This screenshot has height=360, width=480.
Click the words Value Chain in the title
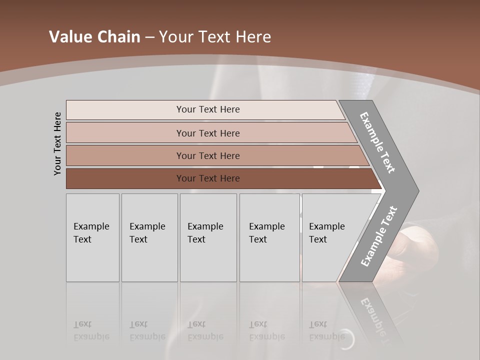tap(94, 37)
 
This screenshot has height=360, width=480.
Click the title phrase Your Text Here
tap(215, 37)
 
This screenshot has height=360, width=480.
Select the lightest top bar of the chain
tap(207, 109)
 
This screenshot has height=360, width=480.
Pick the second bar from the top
tap(207, 133)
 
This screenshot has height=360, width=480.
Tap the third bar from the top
tap(207, 155)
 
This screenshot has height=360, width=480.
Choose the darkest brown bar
tap(207, 178)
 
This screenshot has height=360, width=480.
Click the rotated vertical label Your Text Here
tap(57, 143)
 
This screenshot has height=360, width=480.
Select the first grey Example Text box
tap(92, 237)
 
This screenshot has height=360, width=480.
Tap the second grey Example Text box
tap(149, 237)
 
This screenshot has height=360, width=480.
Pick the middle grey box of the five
tap(208, 237)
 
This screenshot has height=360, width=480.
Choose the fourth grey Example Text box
tap(269, 237)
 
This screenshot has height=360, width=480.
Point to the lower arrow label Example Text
tap(378, 236)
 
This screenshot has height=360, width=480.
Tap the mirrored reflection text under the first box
tap(91, 330)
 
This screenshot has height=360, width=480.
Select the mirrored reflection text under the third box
tap(205, 330)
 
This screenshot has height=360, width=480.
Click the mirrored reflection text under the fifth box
tap(326, 330)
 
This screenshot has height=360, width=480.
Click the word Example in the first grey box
tap(91, 226)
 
